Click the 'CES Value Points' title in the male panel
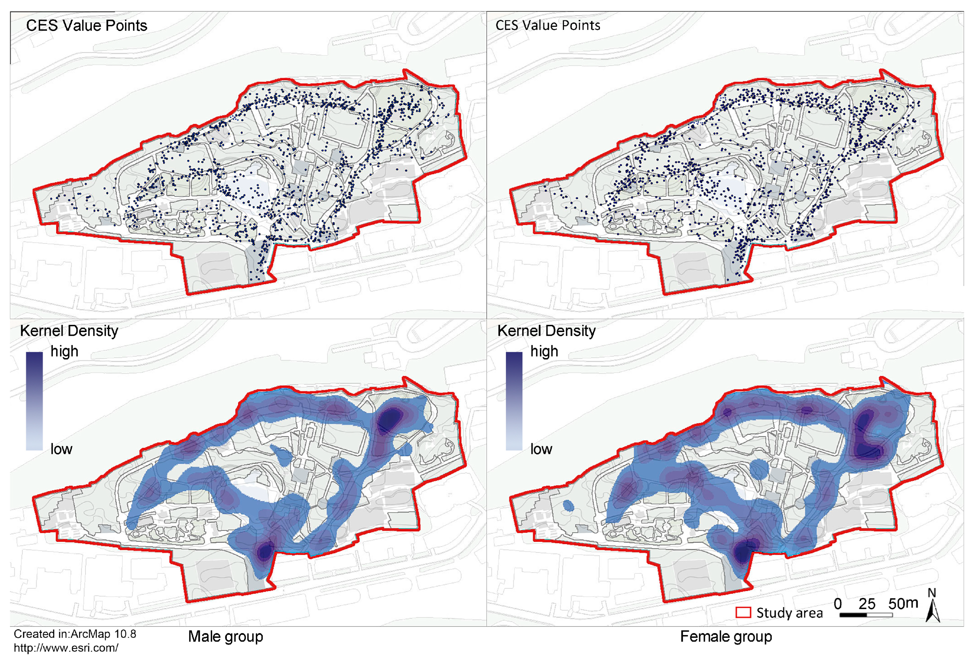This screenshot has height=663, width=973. (86, 26)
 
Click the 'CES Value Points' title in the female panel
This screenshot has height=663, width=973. (548, 25)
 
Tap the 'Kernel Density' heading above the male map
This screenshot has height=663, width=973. (69, 331)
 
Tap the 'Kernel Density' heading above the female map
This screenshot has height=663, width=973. (546, 331)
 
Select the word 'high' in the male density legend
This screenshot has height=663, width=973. (64, 351)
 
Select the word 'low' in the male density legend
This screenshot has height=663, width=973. (61, 449)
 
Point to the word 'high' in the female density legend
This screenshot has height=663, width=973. (544, 351)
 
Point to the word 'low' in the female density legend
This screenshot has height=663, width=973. (541, 449)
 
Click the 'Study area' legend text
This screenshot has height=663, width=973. (789, 613)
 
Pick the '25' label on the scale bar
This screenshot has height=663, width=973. (867, 604)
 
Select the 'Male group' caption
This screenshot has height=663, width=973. (225, 637)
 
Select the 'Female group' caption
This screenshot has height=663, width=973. (726, 637)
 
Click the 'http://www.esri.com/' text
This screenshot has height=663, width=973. (66, 648)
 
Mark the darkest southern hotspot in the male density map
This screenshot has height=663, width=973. (265, 551)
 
